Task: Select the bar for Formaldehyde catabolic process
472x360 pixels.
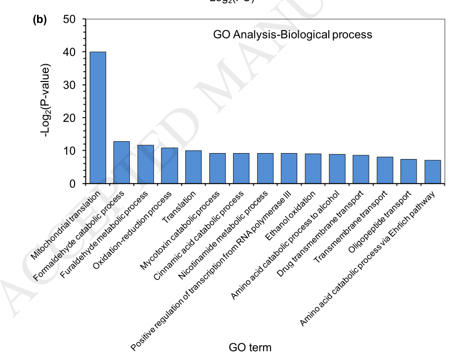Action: [x=121, y=162]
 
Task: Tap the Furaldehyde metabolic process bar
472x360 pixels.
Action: [x=146, y=164]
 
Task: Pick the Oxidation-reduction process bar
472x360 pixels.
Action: [x=169, y=166]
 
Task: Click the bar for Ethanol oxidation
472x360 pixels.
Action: [x=313, y=169]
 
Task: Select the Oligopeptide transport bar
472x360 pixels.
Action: [x=408, y=171]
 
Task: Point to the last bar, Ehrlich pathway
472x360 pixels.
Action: [x=433, y=172]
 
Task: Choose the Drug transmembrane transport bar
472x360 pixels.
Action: [x=361, y=169]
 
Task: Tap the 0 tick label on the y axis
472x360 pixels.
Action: [x=73, y=184]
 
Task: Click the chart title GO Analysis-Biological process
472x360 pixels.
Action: [x=292, y=35]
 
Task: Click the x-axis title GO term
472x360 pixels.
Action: [x=250, y=347]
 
